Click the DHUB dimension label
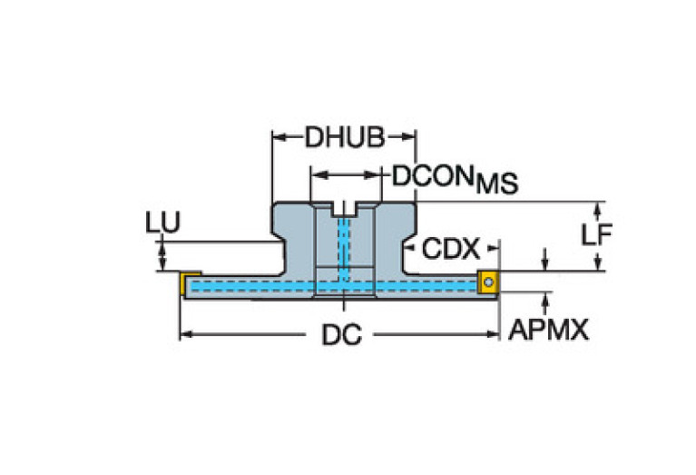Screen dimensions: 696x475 [x=345, y=137]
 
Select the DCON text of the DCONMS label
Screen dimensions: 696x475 [x=432, y=176]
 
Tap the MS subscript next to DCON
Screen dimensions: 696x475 [x=496, y=183]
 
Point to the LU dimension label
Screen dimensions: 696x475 [x=163, y=223]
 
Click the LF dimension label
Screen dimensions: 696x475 [x=596, y=234]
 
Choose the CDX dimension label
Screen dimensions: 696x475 [x=450, y=249]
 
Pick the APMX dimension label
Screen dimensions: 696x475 [x=548, y=330]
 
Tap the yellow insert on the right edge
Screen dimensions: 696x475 [x=488, y=282]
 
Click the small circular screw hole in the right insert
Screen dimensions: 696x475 [x=489, y=282]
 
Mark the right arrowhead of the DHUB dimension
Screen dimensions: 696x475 [x=409, y=137]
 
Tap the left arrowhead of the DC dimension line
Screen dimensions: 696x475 [x=186, y=334]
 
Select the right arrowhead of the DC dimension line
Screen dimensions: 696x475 [x=493, y=334]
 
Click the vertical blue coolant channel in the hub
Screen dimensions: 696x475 [x=344, y=249]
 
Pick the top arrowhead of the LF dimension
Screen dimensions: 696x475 [x=597, y=209]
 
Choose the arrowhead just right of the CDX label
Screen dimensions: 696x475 [x=493, y=248]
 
